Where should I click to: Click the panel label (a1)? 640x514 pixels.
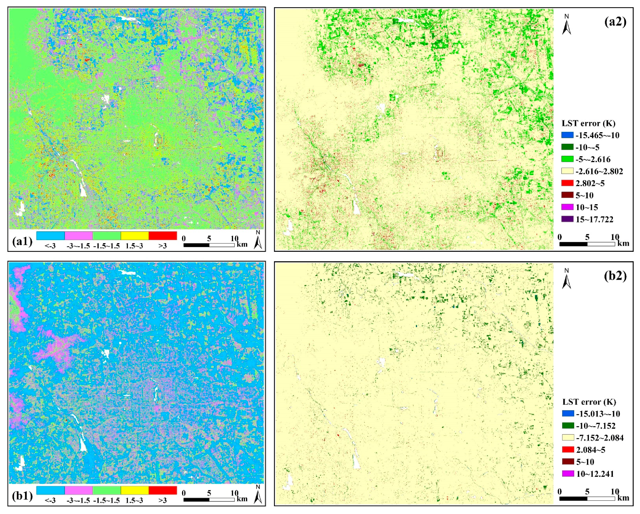[22, 241]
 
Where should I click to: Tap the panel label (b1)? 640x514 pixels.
[22, 496]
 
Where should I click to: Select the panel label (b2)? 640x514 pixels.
[615, 276]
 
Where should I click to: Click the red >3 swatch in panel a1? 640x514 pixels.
[163, 236]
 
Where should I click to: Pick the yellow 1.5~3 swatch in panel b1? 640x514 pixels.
[134, 490]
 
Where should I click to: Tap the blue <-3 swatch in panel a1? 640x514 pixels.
[50, 236]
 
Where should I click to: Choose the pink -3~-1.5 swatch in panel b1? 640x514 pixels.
[79, 490]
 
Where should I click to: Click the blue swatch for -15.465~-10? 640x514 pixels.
[567, 135]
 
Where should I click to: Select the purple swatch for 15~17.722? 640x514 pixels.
[567, 219]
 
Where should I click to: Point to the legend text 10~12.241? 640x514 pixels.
[595, 474]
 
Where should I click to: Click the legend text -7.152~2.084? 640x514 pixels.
[600, 438]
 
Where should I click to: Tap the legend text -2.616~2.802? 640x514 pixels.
[599, 171]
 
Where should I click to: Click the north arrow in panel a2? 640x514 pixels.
[567, 25]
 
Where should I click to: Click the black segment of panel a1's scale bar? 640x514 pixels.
[196, 245]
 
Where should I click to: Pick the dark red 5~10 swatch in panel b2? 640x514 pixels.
[568, 462]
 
